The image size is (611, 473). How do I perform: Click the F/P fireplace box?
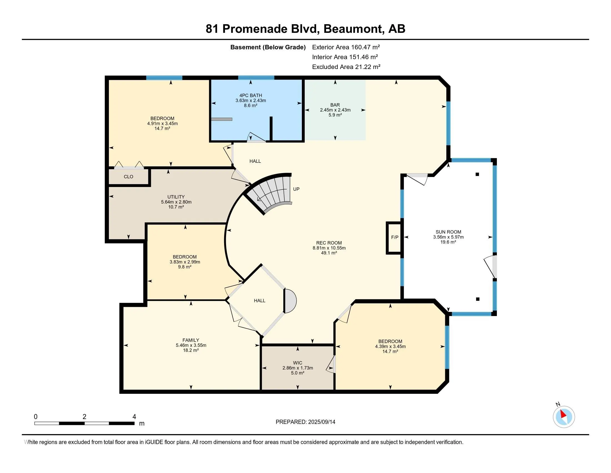click(x=394, y=238)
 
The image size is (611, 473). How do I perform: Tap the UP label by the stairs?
click(x=296, y=189)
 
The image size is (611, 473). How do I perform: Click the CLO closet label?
click(x=128, y=177)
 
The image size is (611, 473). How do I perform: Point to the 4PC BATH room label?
click(x=251, y=95)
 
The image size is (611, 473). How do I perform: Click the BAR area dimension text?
click(x=335, y=110)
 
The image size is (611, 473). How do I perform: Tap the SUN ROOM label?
click(x=448, y=232)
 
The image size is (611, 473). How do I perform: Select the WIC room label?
click(x=297, y=363)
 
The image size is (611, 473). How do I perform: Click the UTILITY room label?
click(x=176, y=197)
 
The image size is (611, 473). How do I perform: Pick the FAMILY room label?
click(x=191, y=340)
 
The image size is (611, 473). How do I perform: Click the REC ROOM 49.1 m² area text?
click(x=329, y=253)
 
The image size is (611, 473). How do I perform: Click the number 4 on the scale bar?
click(x=134, y=417)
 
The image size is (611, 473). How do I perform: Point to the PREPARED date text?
click(x=305, y=422)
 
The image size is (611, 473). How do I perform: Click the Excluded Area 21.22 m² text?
click(x=346, y=67)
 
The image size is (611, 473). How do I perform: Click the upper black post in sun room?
click(x=477, y=174)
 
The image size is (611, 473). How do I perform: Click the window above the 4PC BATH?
click(x=256, y=78)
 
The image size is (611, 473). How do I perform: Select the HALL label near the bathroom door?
click(x=255, y=161)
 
